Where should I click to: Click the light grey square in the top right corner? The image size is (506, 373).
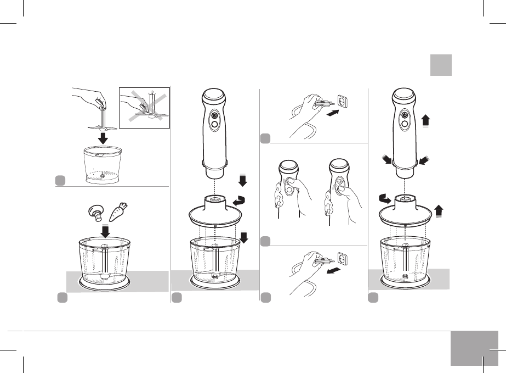(441, 65)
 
